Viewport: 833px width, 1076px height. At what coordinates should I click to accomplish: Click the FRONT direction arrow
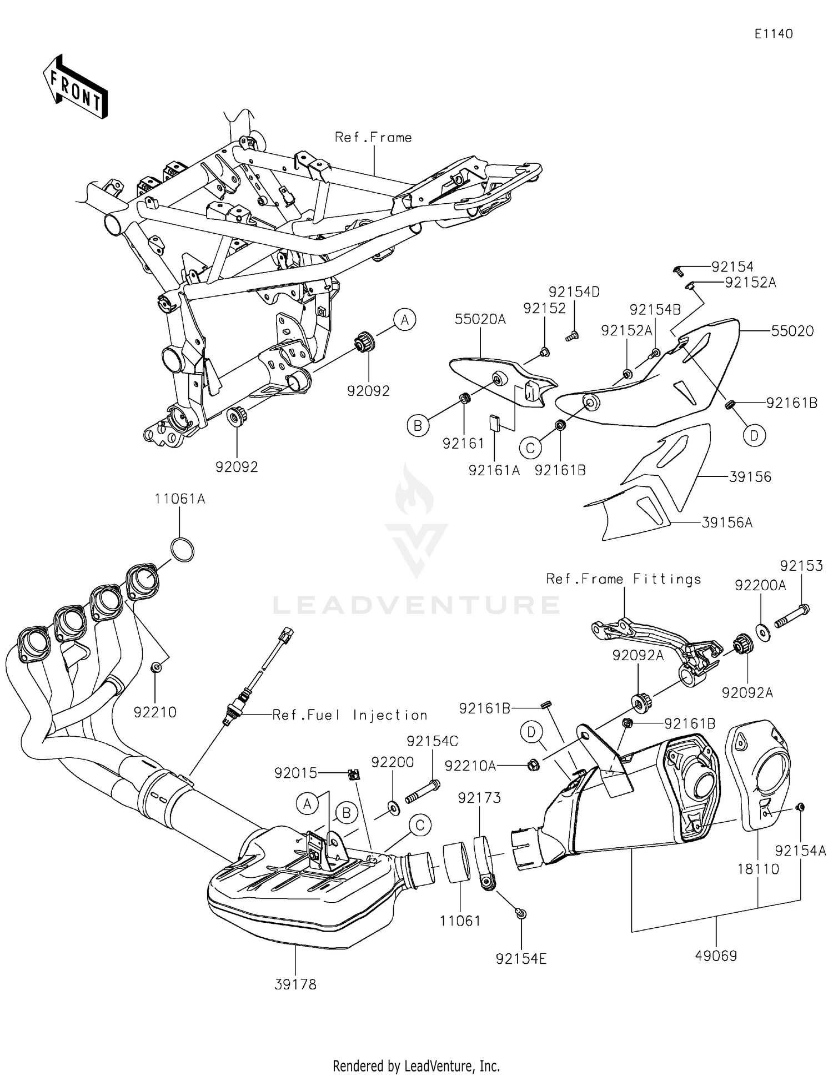[x=76, y=86]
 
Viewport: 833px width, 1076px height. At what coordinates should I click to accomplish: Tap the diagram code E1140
[x=773, y=34]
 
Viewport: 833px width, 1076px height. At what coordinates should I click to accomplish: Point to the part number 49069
[x=716, y=955]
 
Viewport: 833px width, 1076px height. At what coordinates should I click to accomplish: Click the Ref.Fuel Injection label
[x=350, y=715]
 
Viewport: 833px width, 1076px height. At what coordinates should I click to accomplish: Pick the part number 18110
[x=758, y=868]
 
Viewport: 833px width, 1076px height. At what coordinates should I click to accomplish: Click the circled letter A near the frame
[x=405, y=320]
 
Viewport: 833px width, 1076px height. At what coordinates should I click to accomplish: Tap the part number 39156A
[x=727, y=522]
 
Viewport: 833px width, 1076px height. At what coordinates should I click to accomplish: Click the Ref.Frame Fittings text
[x=623, y=579]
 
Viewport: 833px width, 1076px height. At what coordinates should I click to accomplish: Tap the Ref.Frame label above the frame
[x=373, y=137]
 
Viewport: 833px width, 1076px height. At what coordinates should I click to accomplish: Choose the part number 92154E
[x=521, y=959]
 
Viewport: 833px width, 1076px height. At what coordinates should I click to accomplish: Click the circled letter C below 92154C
[x=420, y=826]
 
